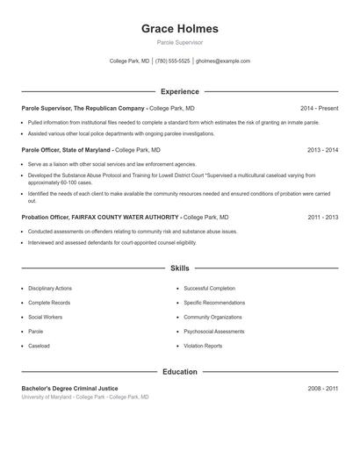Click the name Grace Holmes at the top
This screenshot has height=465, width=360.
click(179, 29)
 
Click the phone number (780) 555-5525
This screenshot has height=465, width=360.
click(173, 61)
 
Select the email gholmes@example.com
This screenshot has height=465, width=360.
click(223, 61)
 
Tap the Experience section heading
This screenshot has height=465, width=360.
click(179, 91)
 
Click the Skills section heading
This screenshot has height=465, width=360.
click(179, 268)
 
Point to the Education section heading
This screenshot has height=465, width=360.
click(179, 372)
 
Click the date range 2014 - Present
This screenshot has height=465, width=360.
click(319, 108)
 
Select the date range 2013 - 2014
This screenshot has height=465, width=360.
click(322, 150)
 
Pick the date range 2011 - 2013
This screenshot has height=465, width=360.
click(322, 217)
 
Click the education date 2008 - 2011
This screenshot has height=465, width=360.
click(322, 388)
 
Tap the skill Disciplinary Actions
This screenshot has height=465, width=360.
click(50, 289)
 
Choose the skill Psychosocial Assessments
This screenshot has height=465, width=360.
click(214, 332)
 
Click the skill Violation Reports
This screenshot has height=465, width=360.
click(203, 346)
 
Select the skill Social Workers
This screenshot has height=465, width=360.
click(45, 317)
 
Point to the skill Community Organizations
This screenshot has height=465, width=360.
click(212, 317)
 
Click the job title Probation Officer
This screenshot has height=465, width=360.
click(48, 217)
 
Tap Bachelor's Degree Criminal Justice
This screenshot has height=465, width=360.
click(69, 388)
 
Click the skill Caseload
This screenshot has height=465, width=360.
click(39, 346)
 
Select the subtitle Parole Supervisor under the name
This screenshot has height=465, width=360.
click(179, 43)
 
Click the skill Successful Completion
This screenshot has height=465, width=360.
click(209, 289)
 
